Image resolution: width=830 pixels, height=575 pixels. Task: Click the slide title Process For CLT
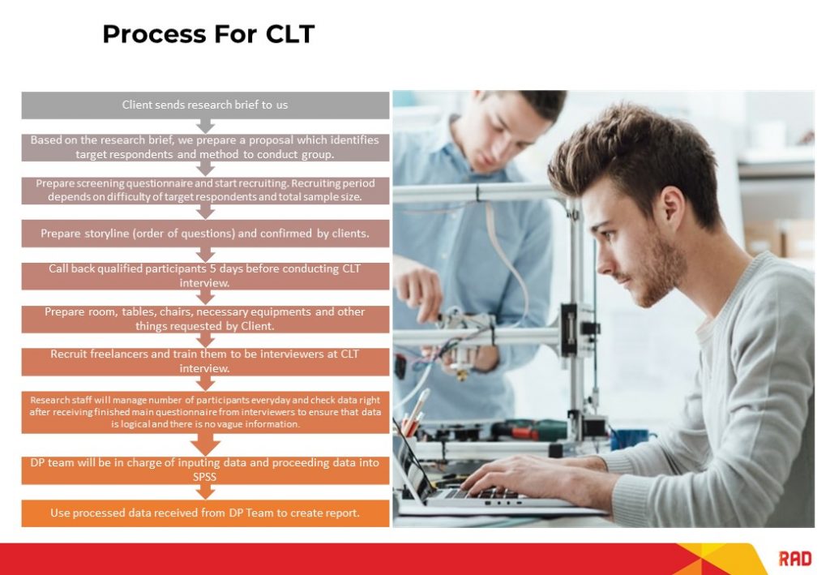click(208, 34)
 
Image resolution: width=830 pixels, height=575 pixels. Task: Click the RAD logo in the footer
click(794, 558)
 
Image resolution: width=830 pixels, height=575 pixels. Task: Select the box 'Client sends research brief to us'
click(205, 105)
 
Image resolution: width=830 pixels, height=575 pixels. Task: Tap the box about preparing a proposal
click(205, 147)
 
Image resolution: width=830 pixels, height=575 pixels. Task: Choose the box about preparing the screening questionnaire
click(205, 190)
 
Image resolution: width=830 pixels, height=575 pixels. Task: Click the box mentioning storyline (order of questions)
click(205, 233)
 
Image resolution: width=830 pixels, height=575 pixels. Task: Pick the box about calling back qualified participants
click(205, 276)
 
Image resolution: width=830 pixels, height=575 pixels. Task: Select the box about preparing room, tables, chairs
click(205, 319)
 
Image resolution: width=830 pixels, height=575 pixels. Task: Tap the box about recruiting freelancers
click(205, 361)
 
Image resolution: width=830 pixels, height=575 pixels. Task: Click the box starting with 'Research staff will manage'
click(205, 412)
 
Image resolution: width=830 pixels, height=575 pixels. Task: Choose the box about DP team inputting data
click(205, 470)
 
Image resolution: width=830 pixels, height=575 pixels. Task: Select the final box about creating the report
click(205, 513)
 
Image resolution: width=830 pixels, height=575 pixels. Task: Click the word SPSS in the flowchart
click(205, 478)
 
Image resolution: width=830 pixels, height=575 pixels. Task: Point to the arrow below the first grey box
click(206, 126)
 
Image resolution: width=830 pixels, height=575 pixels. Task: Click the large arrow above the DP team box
click(206, 444)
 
